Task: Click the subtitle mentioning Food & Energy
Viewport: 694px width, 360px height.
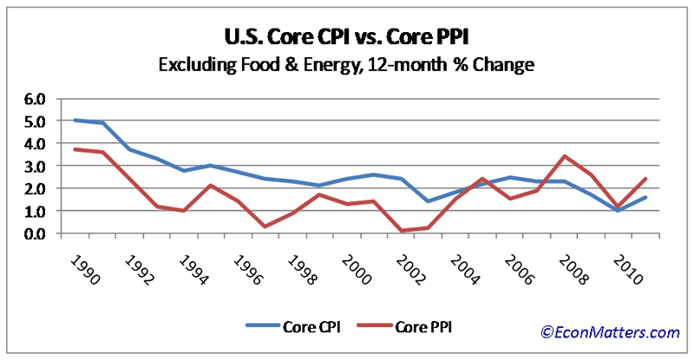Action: tap(347, 64)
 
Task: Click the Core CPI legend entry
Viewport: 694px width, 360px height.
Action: tap(291, 327)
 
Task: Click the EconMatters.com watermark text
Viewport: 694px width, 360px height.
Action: tap(610, 331)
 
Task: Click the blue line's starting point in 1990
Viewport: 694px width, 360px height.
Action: tap(76, 121)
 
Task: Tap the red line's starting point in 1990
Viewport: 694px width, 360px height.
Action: tap(76, 149)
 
